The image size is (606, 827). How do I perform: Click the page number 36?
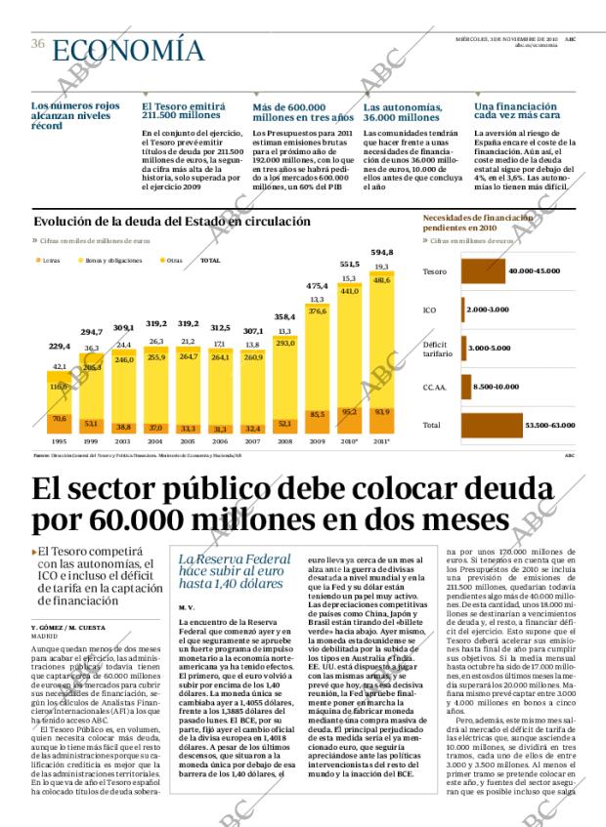coord(38,43)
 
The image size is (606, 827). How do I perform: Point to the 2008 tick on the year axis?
coord(284,441)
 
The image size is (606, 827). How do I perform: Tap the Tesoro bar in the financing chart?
coord(483,270)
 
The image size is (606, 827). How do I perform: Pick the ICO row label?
coord(429,310)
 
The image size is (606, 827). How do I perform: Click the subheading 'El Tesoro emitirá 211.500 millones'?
coord(188,112)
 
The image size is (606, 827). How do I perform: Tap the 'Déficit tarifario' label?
coord(436,349)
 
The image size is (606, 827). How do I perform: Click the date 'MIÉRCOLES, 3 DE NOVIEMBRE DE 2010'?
coord(507,39)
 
